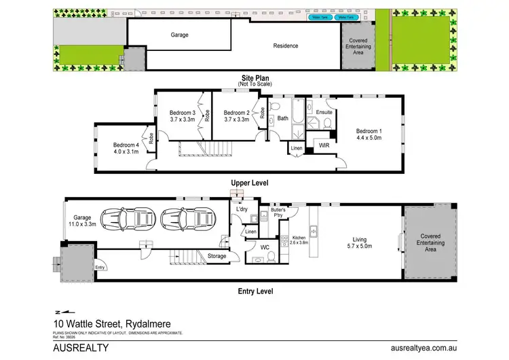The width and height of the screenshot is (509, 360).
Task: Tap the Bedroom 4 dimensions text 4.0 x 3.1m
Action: click(x=126, y=151)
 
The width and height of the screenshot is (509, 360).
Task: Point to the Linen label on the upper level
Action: click(x=297, y=147)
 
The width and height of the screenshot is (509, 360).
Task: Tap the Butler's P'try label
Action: click(x=278, y=212)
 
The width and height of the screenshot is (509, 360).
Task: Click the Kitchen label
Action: click(x=299, y=238)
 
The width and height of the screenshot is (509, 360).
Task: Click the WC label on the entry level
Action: click(x=266, y=247)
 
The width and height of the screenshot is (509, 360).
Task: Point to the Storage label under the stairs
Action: click(x=217, y=256)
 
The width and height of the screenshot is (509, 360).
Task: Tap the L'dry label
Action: click(x=242, y=209)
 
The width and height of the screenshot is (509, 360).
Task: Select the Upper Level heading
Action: click(x=250, y=183)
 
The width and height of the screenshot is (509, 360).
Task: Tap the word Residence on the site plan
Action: click(x=286, y=46)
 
